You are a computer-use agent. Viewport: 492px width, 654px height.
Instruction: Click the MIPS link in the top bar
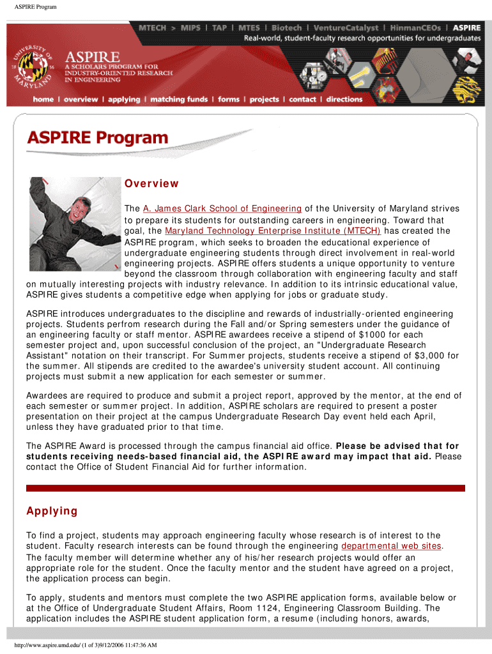pos(190,28)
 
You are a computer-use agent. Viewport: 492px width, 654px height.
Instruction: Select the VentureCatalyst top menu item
pos(351,28)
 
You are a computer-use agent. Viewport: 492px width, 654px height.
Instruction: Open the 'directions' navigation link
pos(344,100)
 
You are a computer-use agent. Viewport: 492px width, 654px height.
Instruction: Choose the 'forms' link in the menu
pos(229,100)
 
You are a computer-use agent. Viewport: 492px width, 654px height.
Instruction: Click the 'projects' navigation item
pos(265,100)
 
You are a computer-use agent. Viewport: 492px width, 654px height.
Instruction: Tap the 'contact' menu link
pos(302,100)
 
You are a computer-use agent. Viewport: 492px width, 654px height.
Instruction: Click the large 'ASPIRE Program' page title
pos(97,138)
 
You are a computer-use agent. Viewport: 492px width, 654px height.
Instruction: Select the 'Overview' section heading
pos(151,184)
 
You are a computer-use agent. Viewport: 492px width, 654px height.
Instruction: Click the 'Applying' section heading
pos(52,511)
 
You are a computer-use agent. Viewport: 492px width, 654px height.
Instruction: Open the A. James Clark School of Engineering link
pos(222,208)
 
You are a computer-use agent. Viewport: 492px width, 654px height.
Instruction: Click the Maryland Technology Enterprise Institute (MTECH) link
pos(273,231)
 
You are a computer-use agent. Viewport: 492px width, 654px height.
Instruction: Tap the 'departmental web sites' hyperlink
pos(391,546)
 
